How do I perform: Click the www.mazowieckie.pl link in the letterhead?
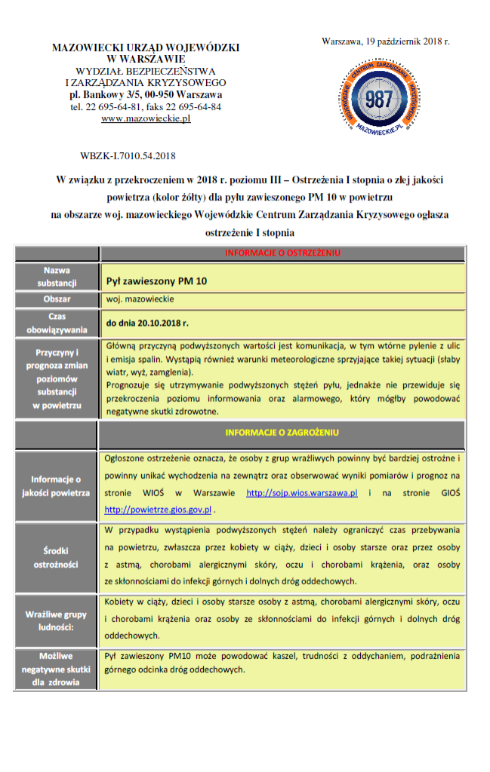146,118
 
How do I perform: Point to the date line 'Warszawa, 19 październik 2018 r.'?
385,41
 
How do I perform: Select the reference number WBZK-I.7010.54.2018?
128,156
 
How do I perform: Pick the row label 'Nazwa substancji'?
57,276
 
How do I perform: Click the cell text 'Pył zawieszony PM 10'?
156,281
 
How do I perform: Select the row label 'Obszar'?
57,299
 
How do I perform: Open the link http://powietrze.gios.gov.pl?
158,509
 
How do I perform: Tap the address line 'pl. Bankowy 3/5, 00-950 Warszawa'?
146,95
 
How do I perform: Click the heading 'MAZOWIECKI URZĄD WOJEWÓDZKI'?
146,47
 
